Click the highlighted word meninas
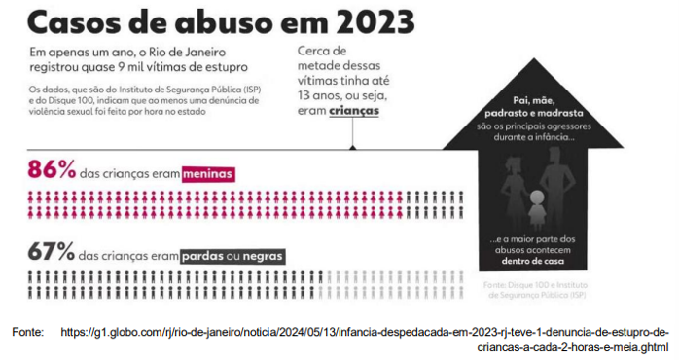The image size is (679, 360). click(x=209, y=174)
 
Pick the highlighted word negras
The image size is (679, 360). click(x=262, y=257)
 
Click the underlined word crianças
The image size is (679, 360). click(x=352, y=112)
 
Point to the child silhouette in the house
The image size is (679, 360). click(x=537, y=209)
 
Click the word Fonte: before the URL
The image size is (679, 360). click(x=28, y=333)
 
